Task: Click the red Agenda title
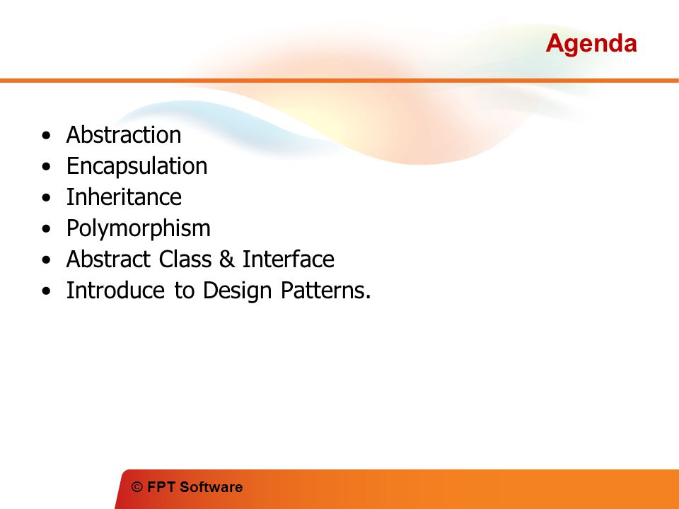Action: [591, 45]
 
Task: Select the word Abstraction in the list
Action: [123, 134]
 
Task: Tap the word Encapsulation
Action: [137, 167]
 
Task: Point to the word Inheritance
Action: [124, 197]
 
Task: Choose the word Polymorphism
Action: [138, 229]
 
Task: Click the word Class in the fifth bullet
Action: [185, 259]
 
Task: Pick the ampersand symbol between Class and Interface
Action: [226, 259]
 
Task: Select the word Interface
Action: [288, 259]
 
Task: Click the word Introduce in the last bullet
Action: [115, 291]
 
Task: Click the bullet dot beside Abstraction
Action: [47, 136]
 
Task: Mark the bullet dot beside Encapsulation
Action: [47, 167]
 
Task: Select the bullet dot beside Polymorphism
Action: [47, 229]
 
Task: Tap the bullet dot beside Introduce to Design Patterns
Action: [47, 291]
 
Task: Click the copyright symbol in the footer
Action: [137, 487]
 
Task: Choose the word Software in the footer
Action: [211, 487]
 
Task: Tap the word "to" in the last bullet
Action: [184, 291]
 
